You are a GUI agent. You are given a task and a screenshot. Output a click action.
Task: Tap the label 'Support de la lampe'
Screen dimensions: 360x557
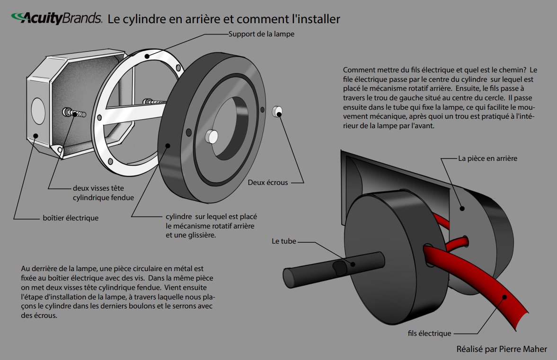(x=261, y=34)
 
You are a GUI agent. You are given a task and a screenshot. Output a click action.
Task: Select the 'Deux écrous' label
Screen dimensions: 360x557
(x=267, y=182)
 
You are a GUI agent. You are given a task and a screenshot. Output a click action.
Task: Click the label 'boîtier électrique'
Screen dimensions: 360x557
(x=71, y=218)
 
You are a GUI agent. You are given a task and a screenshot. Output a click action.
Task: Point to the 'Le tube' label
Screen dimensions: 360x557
(x=284, y=241)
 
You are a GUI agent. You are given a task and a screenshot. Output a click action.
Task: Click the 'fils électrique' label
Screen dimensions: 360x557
(x=429, y=334)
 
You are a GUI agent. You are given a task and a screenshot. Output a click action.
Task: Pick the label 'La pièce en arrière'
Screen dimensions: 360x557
(x=487, y=158)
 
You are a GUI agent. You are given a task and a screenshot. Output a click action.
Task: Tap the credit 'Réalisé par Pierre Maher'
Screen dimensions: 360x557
(x=502, y=349)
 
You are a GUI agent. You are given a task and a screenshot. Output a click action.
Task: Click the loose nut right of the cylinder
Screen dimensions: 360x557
(x=277, y=112)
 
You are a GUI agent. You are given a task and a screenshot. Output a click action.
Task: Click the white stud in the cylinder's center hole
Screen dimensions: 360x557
(x=212, y=137)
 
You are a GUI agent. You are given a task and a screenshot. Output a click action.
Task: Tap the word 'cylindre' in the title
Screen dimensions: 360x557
(x=142, y=19)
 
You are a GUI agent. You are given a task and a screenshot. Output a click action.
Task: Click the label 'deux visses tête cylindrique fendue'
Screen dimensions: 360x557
(x=103, y=193)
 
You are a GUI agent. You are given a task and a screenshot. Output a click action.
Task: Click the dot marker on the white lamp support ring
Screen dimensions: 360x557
(x=147, y=56)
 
